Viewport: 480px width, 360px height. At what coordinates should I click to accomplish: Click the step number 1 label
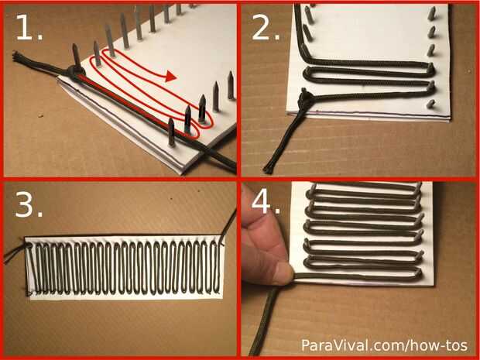click(x=29, y=28)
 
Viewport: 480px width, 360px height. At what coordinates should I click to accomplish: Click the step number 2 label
click(x=266, y=28)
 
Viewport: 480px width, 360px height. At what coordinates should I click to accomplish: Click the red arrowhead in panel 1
click(x=170, y=76)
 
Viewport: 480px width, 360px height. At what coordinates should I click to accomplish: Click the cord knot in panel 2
click(x=305, y=98)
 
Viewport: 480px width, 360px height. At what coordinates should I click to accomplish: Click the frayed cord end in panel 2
click(x=269, y=169)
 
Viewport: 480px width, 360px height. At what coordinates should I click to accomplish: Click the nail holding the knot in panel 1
click(x=76, y=55)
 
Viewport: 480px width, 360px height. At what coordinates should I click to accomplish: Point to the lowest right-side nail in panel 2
click(x=430, y=104)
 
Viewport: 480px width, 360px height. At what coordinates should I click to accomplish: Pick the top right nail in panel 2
click(x=432, y=13)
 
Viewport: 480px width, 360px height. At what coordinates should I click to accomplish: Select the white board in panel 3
click(x=125, y=267)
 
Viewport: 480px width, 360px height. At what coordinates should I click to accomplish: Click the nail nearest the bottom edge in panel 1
click(x=171, y=132)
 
